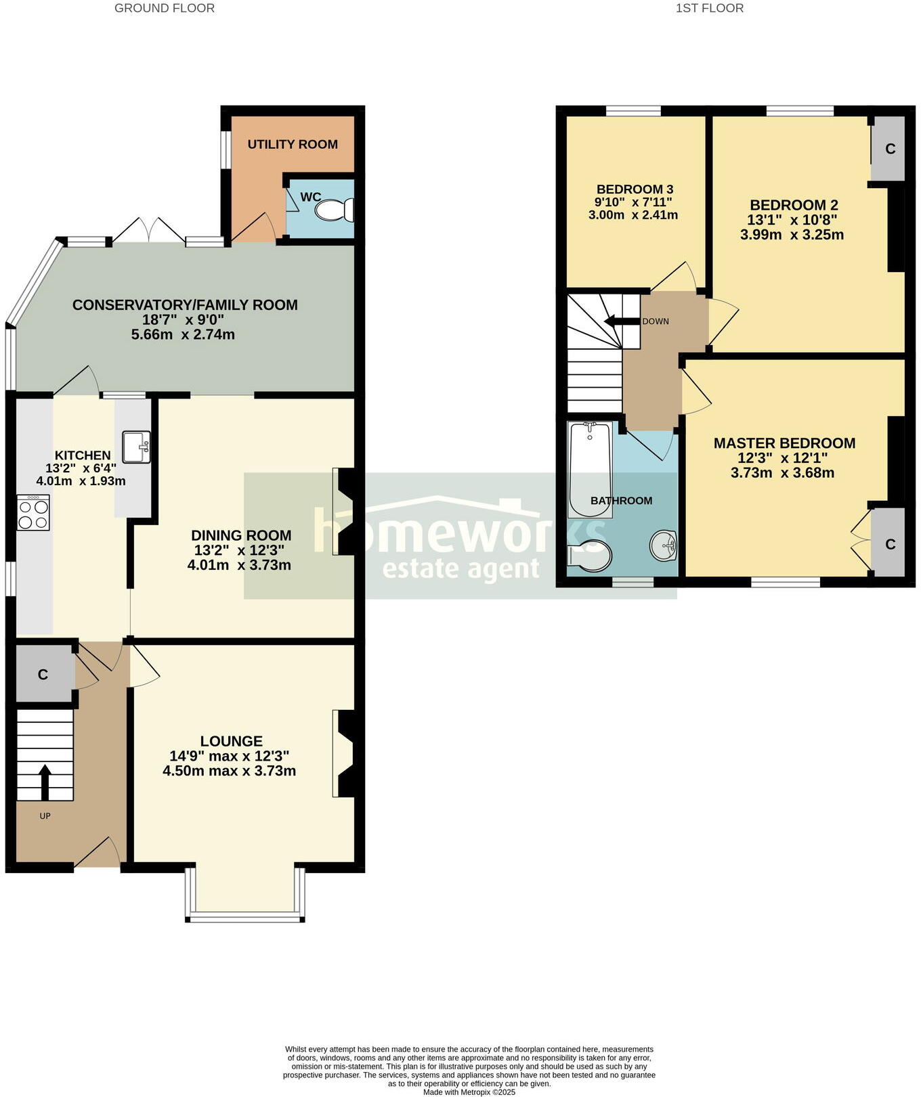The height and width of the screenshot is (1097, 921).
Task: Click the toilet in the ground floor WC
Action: [x=335, y=210]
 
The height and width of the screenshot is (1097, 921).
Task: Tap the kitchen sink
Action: [x=136, y=447]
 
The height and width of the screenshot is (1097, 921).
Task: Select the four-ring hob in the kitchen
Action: [x=33, y=513]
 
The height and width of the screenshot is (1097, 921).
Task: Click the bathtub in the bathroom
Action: [x=591, y=469]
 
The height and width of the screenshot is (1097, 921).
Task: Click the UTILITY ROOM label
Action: [x=293, y=144]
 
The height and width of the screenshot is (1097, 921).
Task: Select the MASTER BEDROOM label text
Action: [x=784, y=443]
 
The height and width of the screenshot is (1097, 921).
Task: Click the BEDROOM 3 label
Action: [x=635, y=189]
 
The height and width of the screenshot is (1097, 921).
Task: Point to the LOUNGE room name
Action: [x=231, y=741]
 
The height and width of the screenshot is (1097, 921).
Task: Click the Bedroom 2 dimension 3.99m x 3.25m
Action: [x=792, y=235]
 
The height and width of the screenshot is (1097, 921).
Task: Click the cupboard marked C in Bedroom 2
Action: [x=888, y=149]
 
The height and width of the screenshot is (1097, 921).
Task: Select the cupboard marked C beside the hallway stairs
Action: [x=43, y=674]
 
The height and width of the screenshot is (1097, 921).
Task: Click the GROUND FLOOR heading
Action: [x=165, y=8]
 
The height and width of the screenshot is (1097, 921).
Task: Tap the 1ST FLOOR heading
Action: [x=710, y=8]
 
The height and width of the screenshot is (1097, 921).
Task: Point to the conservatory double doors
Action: [x=148, y=230]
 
